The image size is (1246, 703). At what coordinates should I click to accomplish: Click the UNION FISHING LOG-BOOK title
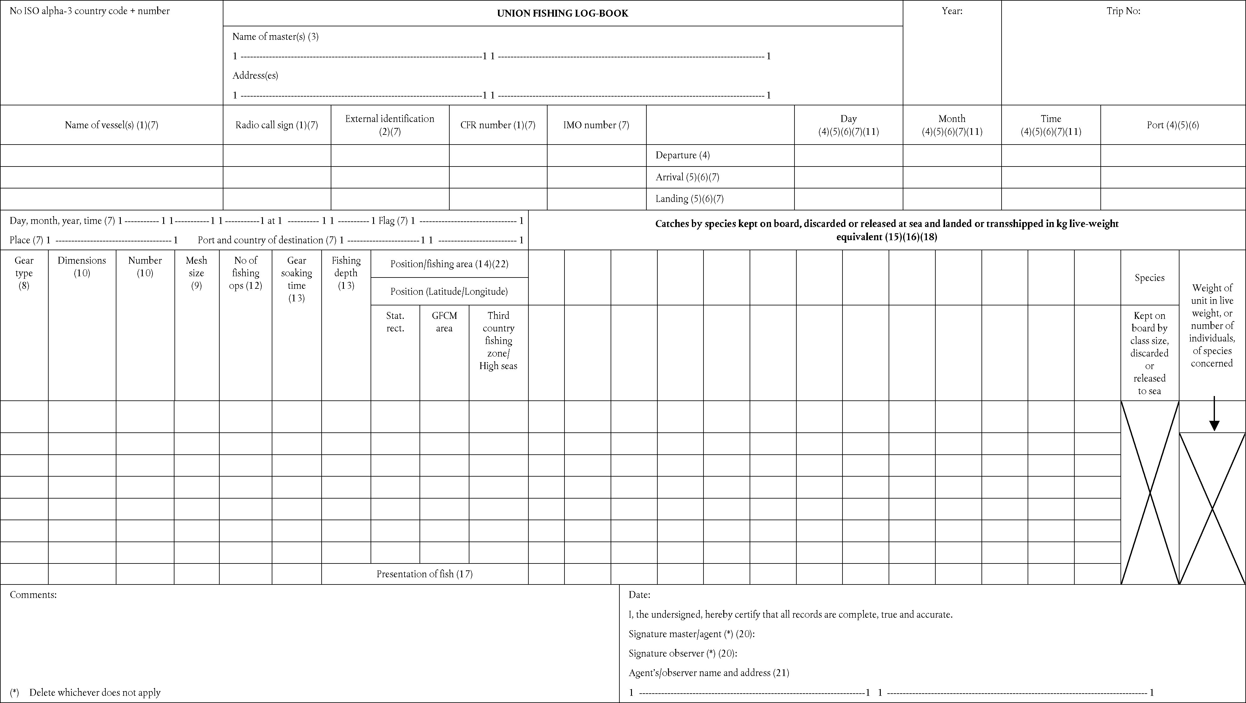click(x=563, y=13)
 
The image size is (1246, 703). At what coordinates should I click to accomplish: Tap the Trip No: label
click(x=1123, y=11)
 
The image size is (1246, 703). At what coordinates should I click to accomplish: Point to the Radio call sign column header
click(x=277, y=125)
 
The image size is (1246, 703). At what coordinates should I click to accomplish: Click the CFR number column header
click(x=498, y=125)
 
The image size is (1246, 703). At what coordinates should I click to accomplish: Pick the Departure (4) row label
click(x=682, y=155)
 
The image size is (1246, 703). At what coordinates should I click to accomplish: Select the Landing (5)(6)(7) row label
click(x=689, y=199)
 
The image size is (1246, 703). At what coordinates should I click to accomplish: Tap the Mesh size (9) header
click(x=196, y=273)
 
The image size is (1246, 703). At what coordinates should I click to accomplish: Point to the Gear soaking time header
click(x=297, y=279)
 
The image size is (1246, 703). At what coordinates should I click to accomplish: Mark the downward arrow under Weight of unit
click(x=1214, y=415)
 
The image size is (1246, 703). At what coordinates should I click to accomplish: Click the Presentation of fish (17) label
click(x=424, y=574)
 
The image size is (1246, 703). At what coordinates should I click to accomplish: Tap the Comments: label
click(x=33, y=595)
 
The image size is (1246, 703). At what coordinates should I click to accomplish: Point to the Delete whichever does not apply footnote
click(x=94, y=692)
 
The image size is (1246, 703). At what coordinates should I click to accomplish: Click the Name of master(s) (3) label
click(x=275, y=37)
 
